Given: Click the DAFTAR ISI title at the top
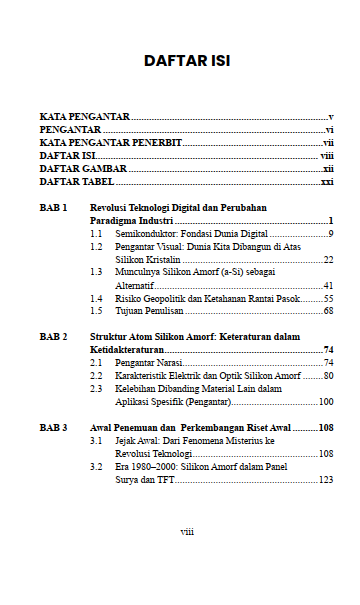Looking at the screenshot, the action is [188, 61].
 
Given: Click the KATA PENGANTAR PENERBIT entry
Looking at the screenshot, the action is [110, 143].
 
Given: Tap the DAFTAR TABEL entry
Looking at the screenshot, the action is [76, 182].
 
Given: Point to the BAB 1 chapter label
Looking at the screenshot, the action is [54, 207].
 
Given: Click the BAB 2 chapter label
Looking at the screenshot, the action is [54, 337].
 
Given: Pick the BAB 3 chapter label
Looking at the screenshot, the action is [54, 427].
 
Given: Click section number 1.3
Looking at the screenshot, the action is [96, 271].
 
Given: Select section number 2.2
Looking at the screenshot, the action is [96, 375].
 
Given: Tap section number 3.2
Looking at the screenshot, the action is [96, 466].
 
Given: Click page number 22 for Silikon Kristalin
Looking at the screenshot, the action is [327, 258].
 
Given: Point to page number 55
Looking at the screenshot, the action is [327, 298].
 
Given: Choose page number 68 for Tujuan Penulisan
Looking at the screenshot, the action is [327, 311].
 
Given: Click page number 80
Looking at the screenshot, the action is [327, 375].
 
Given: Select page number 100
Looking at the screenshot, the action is [325, 401].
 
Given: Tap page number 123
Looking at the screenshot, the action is [325, 479].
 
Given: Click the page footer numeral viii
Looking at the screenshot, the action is [187, 531].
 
